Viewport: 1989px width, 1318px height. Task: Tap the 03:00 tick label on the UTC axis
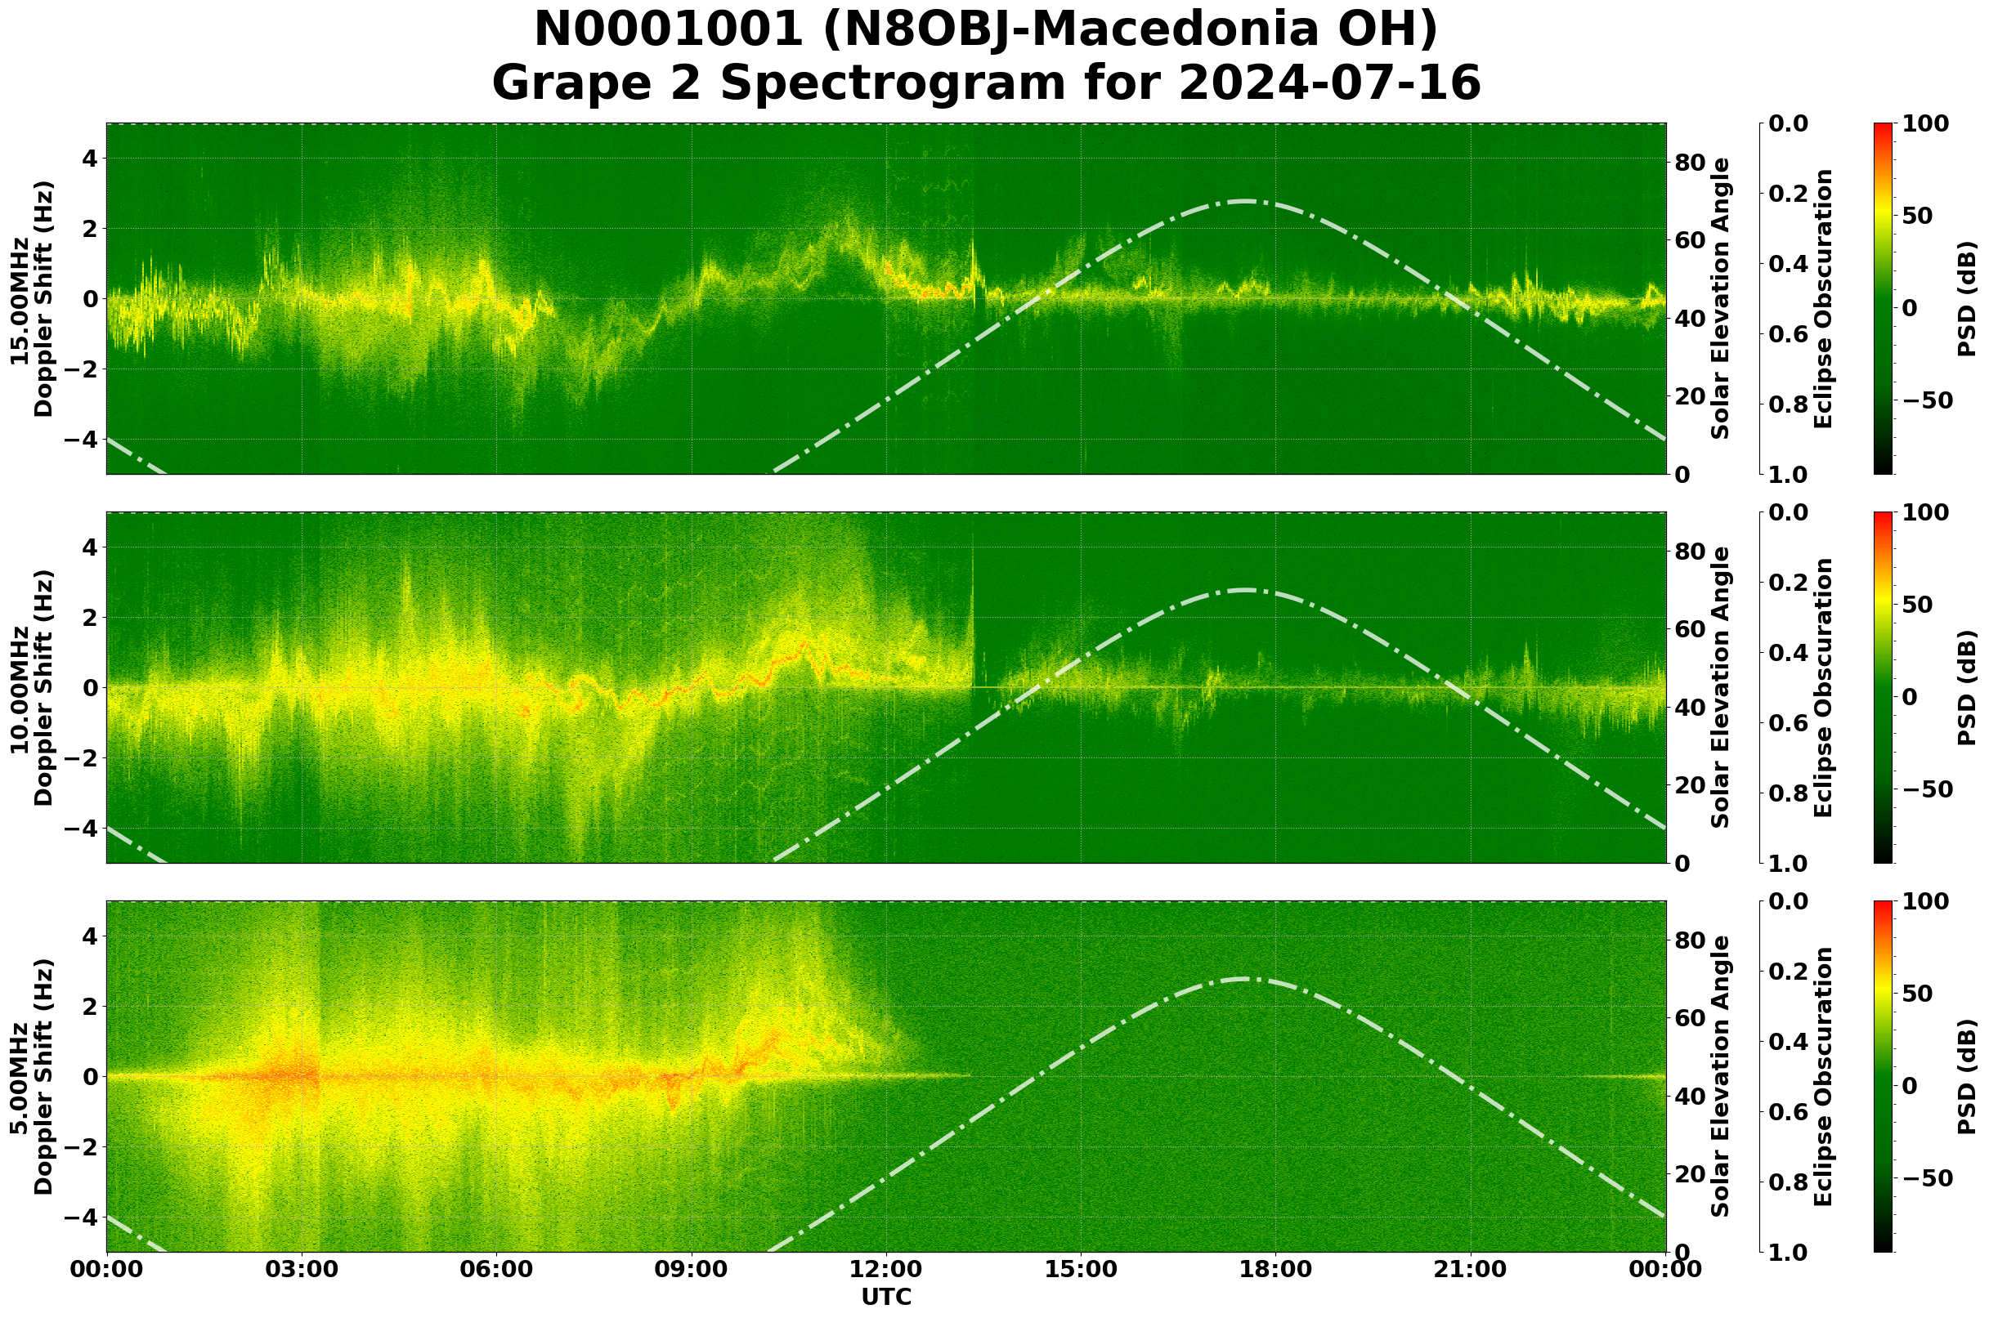(x=302, y=1269)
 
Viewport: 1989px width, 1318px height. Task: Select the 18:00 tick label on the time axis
(x=1276, y=1269)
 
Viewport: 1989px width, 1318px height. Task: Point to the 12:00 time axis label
(x=886, y=1269)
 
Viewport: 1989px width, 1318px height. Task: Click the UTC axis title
(x=886, y=1297)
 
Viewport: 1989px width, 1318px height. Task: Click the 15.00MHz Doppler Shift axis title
(x=31, y=298)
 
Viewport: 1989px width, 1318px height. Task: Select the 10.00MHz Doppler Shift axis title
(x=31, y=687)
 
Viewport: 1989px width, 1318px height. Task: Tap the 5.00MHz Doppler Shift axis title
(x=31, y=1077)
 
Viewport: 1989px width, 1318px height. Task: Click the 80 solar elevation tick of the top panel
(x=1690, y=163)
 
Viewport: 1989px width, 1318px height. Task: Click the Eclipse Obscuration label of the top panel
(x=1823, y=298)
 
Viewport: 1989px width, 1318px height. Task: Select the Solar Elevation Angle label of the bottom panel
(x=1721, y=1077)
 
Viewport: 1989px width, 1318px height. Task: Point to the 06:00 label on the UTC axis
(x=496, y=1269)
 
